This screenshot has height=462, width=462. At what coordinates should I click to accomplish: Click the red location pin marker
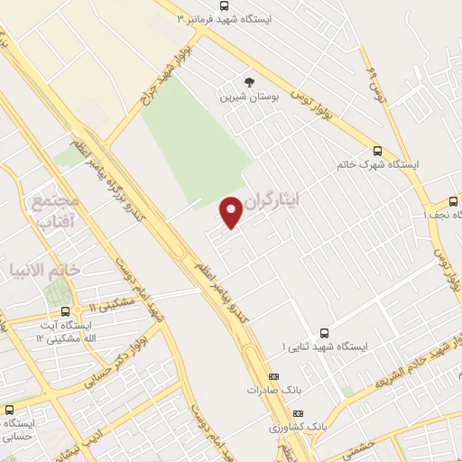pyautogui.click(x=232, y=211)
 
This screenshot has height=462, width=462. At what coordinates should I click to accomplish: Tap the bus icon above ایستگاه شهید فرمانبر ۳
pyautogui.click(x=224, y=5)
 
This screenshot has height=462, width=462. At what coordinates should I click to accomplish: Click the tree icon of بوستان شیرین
pyautogui.click(x=249, y=81)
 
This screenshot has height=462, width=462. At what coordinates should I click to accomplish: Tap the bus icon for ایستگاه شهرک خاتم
pyautogui.click(x=376, y=151)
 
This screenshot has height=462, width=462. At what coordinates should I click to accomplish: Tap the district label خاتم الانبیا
pyautogui.click(x=45, y=269)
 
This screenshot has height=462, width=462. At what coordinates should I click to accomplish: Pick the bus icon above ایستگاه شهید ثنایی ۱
pyautogui.click(x=324, y=332)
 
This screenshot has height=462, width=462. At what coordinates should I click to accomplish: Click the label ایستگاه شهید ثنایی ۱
pyautogui.click(x=325, y=346)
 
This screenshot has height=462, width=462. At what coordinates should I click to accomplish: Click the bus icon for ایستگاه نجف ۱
pyautogui.click(x=453, y=201)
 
